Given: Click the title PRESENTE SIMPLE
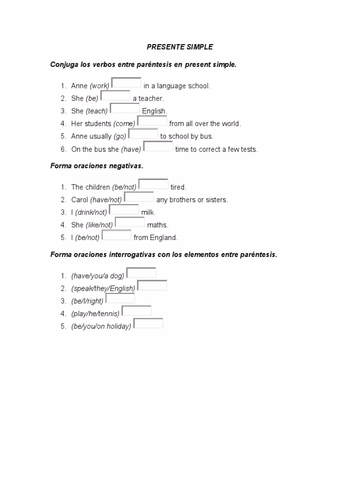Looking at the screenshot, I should (180, 47).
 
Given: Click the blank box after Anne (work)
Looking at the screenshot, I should (127, 83).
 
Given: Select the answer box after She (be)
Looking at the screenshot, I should (115, 96).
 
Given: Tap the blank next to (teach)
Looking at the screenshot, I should (125, 108).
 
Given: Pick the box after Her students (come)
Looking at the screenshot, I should (152, 121).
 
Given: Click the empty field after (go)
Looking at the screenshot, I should (143, 134).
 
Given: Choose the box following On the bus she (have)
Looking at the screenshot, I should (158, 146).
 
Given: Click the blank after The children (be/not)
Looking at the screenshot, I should (153, 184).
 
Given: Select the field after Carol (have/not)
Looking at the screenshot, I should (139, 196).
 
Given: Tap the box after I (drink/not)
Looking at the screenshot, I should (124, 209).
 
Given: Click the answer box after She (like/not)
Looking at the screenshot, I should (130, 222).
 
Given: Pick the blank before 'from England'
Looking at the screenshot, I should (116, 234).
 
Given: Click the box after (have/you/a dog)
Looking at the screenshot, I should (141, 272).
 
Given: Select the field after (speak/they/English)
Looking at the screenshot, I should (152, 285).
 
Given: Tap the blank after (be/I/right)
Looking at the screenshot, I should (120, 298).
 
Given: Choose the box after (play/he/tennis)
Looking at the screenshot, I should (136, 310).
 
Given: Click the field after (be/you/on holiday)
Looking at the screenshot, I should (148, 323).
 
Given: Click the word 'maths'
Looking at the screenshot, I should (157, 225).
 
